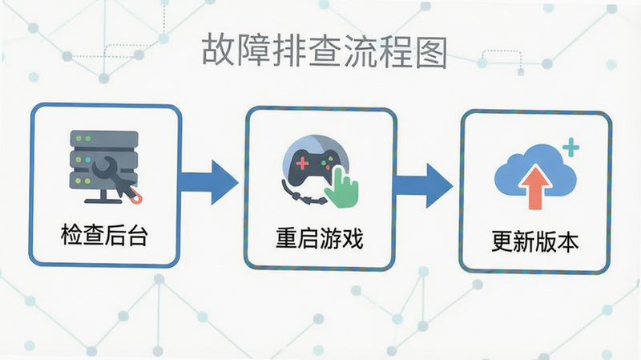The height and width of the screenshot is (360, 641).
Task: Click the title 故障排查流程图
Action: pos(325,51)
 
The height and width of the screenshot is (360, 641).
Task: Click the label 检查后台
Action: pos(104,234)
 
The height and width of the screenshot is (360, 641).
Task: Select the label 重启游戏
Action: pos(319,237)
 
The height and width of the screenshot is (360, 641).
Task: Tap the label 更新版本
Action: pos(534,241)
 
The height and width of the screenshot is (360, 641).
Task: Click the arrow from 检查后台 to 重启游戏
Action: pos(209,183)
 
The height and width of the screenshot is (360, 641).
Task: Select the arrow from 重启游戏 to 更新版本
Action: pos(424,186)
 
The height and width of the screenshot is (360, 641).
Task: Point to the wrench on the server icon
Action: pos(106,169)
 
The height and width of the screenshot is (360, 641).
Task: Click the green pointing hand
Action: pos(342,188)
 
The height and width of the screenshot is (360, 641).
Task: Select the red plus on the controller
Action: pos(303,164)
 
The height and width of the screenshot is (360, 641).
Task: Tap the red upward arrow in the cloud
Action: pos(535,188)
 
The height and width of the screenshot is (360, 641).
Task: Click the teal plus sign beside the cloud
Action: pos(571,148)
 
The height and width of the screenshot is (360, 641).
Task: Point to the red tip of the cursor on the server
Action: pos(136,198)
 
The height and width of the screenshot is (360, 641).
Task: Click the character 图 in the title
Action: pos(431,51)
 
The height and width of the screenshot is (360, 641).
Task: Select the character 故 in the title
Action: pos(218,50)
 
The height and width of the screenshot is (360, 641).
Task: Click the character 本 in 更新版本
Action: pos(568,241)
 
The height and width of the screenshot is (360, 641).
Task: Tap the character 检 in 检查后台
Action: pos(71,234)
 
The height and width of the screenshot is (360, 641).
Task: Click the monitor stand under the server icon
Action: pos(104,196)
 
